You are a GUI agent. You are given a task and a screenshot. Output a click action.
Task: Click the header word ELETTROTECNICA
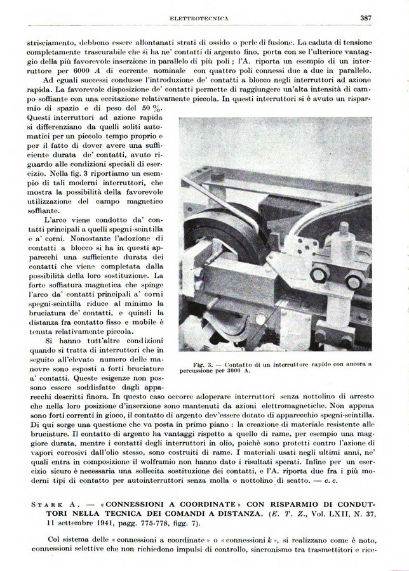(x=204, y=18)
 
